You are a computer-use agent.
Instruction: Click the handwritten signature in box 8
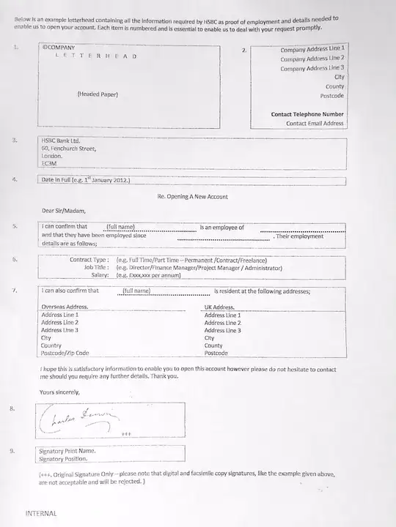80,419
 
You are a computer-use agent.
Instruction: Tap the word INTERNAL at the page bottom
41,514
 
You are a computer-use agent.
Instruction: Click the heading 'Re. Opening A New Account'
192,197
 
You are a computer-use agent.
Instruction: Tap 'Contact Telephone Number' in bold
307,114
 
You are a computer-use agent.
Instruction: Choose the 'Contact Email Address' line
315,124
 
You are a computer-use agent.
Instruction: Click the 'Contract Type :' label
89,260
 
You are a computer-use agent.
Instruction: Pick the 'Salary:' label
100,276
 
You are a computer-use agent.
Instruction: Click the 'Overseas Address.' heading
65,307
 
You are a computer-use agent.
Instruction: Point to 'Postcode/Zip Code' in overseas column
65,353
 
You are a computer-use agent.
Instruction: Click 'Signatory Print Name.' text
67,451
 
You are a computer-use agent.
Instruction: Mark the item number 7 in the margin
15,291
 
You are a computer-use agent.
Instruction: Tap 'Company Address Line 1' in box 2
312,49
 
